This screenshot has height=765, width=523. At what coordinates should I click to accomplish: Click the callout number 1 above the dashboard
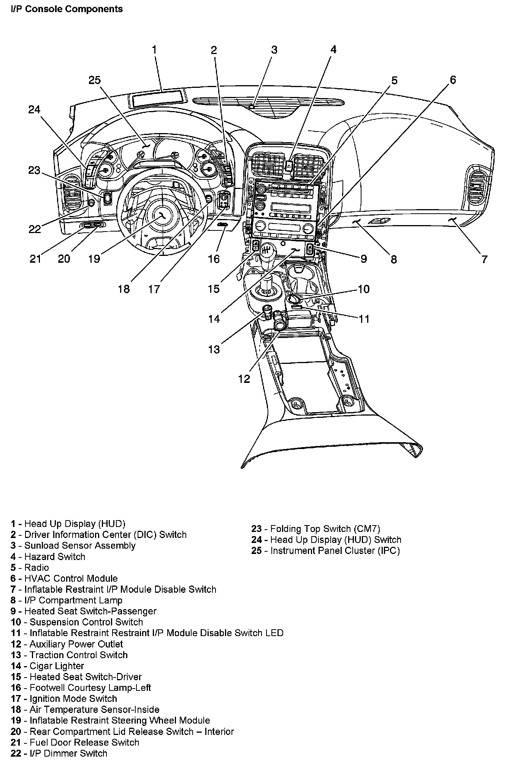(154, 49)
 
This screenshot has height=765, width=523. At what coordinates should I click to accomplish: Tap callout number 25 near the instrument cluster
(95, 80)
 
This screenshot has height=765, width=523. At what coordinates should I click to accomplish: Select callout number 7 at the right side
(484, 259)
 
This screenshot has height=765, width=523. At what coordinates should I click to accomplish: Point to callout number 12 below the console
(244, 379)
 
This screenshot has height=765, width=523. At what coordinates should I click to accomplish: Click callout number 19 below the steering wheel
(94, 259)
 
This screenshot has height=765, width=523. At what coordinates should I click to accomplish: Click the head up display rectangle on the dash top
(159, 98)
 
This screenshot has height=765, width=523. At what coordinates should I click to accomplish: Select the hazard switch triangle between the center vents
(288, 165)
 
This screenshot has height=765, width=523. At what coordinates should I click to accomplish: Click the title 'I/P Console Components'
(67, 9)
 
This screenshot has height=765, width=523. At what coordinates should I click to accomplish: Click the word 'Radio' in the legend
(36, 568)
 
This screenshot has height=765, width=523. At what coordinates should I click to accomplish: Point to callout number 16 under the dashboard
(214, 259)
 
